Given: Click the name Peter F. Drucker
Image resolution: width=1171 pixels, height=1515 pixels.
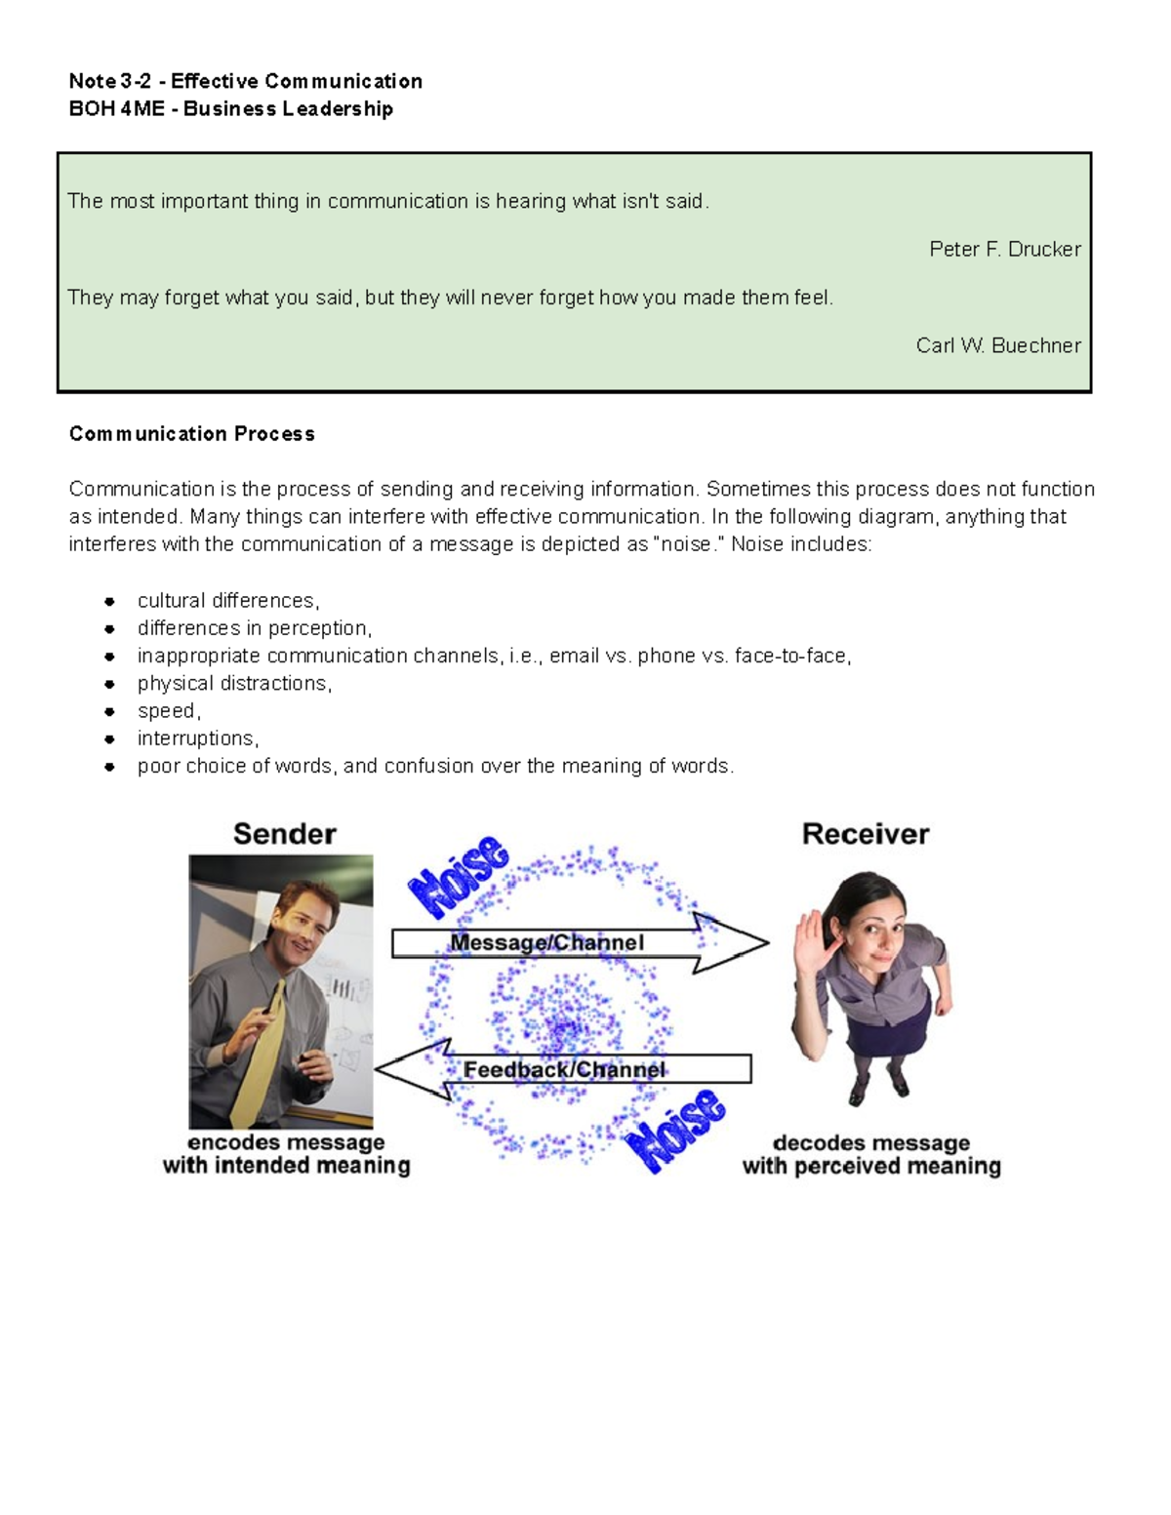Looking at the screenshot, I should pos(1004,250).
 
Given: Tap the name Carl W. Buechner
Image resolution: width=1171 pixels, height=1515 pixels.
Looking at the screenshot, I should pos(997,345).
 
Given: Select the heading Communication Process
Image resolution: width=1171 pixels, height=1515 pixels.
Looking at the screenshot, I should pos(191,434).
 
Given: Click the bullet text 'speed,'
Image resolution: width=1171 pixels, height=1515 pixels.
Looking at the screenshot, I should pos(169,711).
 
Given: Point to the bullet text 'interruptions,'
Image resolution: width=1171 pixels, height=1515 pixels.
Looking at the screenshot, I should pos(198,738).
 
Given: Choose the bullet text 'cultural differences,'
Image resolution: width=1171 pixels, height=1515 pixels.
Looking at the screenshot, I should pos(228,601).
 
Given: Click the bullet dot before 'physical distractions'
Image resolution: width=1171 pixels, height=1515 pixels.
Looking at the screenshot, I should pos(110,684).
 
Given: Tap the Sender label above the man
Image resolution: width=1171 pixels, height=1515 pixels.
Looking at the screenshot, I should pos(284,834).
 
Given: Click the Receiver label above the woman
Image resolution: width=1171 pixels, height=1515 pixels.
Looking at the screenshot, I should pos(865,834).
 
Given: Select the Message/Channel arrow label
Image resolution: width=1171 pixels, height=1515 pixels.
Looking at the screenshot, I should pos(546,943).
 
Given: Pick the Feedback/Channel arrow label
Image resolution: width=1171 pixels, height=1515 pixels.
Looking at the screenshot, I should pos(564,1070).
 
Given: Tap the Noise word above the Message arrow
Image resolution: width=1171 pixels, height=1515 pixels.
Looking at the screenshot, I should pos(458,876).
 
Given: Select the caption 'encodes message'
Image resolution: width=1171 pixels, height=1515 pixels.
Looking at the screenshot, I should pos(286,1142).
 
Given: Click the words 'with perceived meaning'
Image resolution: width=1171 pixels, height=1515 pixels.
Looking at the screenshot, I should pos(870,1167).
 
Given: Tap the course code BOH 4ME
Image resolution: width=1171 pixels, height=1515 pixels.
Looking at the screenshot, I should pos(116,109).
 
